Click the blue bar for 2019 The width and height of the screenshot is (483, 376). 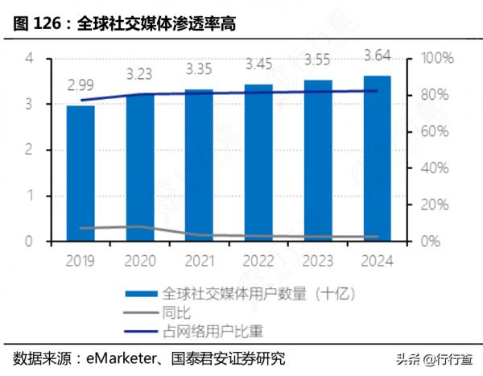click(x=80, y=172)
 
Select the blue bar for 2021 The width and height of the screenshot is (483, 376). click(x=199, y=164)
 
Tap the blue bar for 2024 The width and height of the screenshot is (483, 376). click(x=377, y=158)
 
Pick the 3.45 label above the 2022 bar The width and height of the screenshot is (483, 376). click(x=258, y=63)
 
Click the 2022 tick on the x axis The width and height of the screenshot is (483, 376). click(x=258, y=260)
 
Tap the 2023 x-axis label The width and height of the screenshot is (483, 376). click(x=318, y=260)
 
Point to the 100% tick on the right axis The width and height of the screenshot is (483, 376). click(x=438, y=59)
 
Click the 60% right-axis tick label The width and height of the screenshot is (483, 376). click(x=435, y=131)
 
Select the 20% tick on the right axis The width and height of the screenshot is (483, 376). click(x=435, y=205)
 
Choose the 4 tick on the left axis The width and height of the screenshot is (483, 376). click(x=30, y=59)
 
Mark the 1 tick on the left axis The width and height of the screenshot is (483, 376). click(x=30, y=196)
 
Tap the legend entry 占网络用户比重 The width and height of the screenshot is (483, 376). click(x=213, y=330)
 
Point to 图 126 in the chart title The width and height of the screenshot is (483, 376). click(x=38, y=24)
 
